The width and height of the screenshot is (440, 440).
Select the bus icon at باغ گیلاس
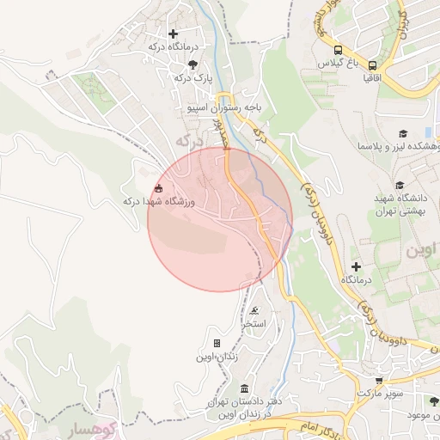[338, 50]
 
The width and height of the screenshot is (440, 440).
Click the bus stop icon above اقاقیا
[372, 64]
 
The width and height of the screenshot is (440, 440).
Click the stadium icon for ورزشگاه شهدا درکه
[157, 188]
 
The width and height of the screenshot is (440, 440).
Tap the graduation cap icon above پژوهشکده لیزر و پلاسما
[402, 133]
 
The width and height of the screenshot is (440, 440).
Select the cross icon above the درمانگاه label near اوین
[356, 266]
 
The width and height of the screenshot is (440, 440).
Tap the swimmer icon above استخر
[254, 311]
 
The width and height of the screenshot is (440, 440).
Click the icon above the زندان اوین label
[217, 343]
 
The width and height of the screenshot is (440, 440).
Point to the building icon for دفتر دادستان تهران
[246, 389]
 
